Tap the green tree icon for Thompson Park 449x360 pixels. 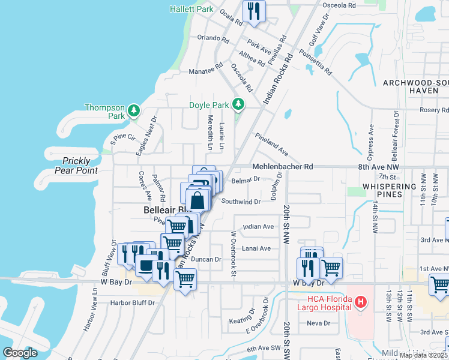point(133,111)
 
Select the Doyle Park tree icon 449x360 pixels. point(239,104)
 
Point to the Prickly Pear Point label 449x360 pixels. point(80,166)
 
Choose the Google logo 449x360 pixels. point(20,353)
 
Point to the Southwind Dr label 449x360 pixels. point(241,202)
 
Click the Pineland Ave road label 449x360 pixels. point(271,145)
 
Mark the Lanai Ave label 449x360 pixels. point(257,248)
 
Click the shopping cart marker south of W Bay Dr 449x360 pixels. point(185,279)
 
